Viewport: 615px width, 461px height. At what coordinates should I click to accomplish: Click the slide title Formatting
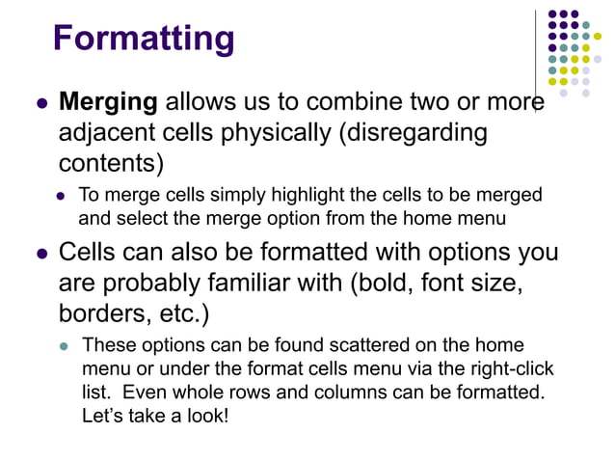144,39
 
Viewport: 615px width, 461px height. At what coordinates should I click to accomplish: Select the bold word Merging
109,101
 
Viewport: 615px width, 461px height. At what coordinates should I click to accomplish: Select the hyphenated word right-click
511,369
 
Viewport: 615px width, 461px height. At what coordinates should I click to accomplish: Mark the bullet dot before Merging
41,103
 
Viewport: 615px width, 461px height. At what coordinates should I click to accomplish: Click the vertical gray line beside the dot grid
536,58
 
